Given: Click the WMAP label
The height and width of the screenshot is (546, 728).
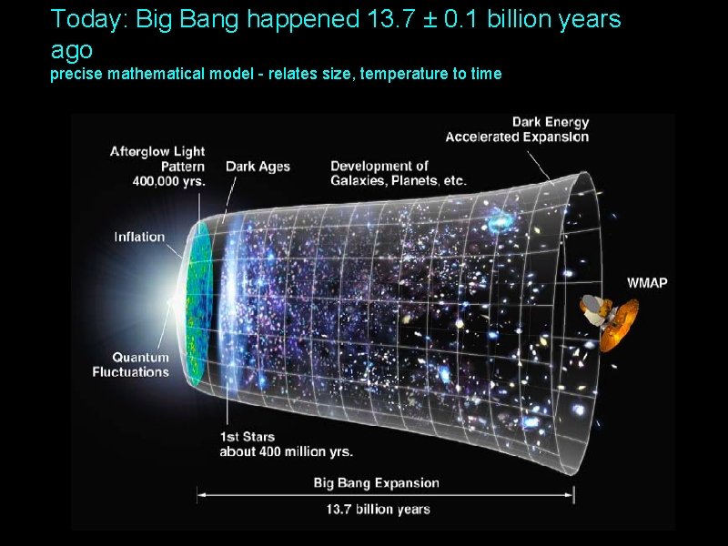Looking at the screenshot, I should tap(647, 283).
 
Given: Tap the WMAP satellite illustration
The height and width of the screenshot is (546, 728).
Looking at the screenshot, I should tap(610, 321).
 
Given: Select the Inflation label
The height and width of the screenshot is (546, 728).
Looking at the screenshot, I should tap(139, 238).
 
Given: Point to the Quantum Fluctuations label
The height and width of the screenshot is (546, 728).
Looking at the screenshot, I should tap(131, 365).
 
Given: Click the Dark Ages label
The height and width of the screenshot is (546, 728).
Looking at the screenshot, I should tap(258, 167).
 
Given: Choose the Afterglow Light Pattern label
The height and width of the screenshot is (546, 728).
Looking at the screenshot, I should tap(158, 159).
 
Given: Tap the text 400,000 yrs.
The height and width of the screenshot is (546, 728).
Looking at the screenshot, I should tap(169, 181).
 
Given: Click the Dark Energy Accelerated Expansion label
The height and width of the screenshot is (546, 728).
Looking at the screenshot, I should tap(517, 129).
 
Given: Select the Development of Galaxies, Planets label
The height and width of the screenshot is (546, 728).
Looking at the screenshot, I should tap(398, 173).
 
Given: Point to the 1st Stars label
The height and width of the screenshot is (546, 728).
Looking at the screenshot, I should tap(247, 438).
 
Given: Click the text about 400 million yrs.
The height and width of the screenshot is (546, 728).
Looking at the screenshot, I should tap(286, 451).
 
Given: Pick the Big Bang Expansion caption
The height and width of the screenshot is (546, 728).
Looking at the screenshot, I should tap(376, 483).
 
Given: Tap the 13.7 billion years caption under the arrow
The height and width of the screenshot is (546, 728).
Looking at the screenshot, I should tap(378, 510).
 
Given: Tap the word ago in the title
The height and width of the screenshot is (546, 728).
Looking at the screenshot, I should tap(72, 49).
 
